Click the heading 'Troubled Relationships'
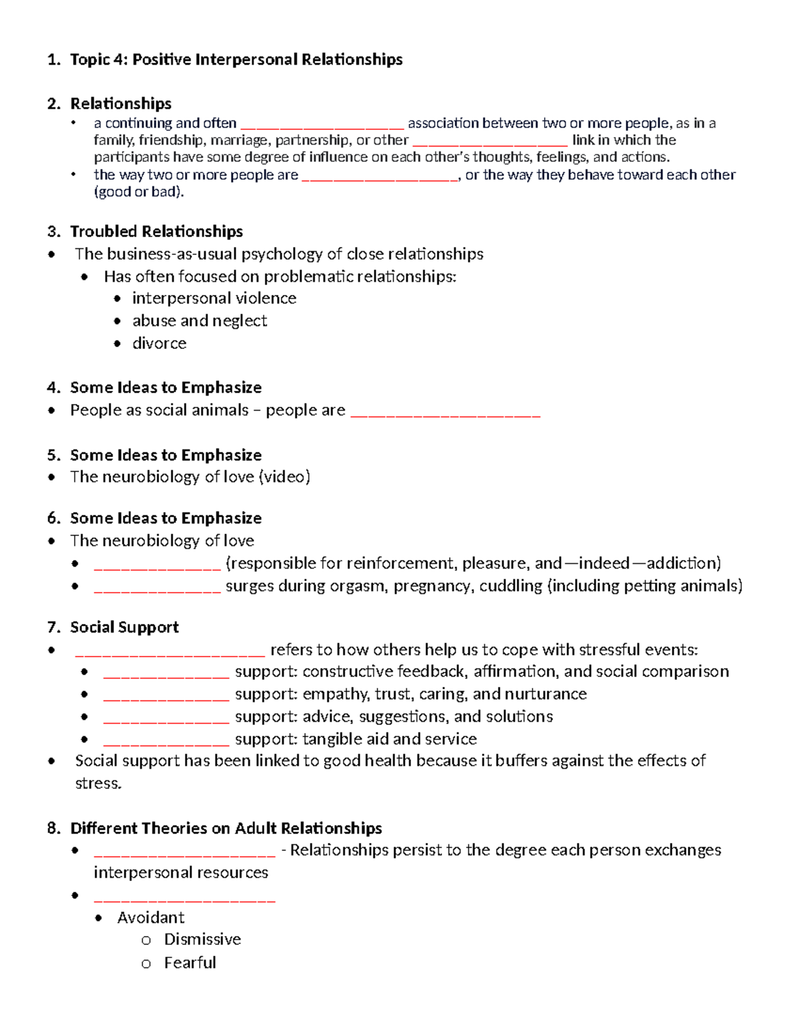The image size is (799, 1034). [x=156, y=232]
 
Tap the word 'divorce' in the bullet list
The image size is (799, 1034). [x=159, y=344]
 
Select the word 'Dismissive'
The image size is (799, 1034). [x=202, y=939]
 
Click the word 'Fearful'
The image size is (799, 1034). [x=190, y=963]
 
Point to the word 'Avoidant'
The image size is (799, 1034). [x=150, y=917]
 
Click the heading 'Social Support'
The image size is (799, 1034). [x=125, y=627]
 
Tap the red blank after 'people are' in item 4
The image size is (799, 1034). [x=445, y=413]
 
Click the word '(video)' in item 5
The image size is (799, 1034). [x=284, y=477]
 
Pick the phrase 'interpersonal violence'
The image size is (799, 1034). [x=214, y=298]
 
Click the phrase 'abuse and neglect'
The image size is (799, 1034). [x=200, y=321]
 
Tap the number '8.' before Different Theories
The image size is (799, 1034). [x=54, y=828]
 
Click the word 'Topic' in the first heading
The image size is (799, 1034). [x=90, y=60]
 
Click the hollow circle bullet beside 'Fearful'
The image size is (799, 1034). [x=146, y=963]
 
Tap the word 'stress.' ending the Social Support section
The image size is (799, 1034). [x=99, y=784]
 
